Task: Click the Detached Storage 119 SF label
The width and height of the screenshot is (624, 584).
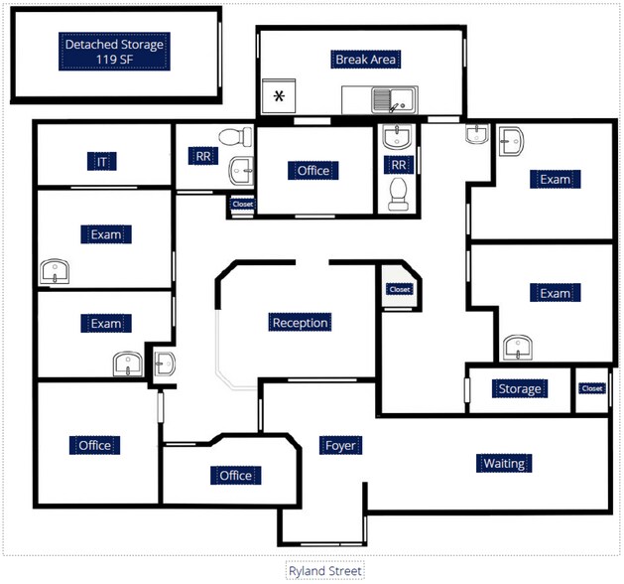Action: (x=114, y=52)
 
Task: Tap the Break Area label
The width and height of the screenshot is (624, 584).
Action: (x=366, y=60)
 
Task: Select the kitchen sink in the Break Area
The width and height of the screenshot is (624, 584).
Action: (x=384, y=99)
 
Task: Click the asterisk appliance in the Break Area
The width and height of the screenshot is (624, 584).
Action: (x=280, y=96)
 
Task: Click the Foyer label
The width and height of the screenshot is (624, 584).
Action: (x=340, y=445)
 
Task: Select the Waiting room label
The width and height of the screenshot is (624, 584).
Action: (x=503, y=463)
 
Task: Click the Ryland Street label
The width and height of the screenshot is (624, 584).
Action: (x=324, y=571)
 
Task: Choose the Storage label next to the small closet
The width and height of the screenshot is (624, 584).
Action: (x=520, y=388)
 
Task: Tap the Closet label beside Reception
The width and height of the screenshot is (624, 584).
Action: (x=399, y=289)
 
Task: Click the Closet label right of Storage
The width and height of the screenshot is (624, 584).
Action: (x=592, y=388)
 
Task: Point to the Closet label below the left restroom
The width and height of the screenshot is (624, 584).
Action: (x=242, y=205)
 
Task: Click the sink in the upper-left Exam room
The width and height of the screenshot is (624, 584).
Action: (x=55, y=269)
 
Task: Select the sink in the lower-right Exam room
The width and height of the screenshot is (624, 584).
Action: (x=515, y=347)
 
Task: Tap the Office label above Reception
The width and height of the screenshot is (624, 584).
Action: (x=312, y=171)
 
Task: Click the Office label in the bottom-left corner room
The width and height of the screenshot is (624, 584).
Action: (x=95, y=445)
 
